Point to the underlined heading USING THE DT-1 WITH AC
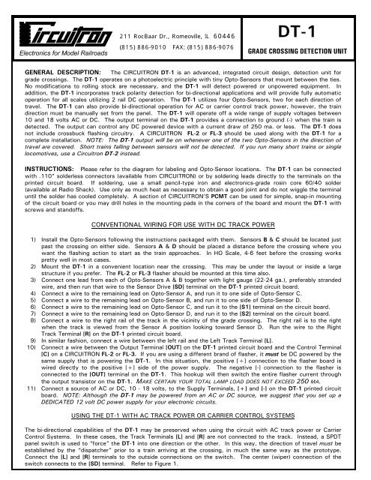185,432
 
